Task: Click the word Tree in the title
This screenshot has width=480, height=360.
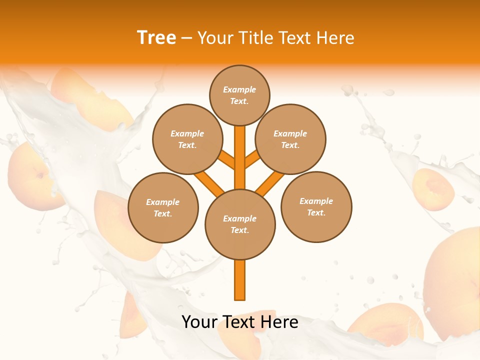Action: [x=156, y=38]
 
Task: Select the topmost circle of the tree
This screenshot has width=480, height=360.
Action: [x=239, y=95]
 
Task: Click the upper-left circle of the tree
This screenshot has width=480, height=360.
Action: [x=187, y=139]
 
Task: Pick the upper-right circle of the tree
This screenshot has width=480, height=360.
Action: [x=290, y=139]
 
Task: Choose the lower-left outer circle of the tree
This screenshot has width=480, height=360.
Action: [x=163, y=207]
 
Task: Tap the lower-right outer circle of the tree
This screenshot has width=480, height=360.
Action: [x=316, y=206]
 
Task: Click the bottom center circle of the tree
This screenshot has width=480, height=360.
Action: [x=240, y=224]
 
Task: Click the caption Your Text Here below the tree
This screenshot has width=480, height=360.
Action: [x=240, y=322]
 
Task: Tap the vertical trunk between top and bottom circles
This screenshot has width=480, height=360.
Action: [x=240, y=157]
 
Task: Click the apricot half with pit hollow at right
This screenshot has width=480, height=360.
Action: [x=433, y=189]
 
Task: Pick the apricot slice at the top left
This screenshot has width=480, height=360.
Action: [x=85, y=97]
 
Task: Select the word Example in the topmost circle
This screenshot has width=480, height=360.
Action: [x=239, y=89]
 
